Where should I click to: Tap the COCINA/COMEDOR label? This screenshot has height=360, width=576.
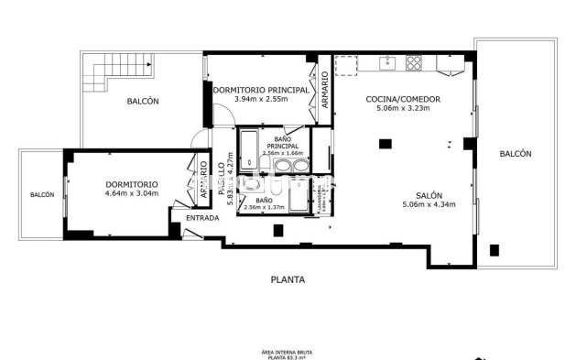[x=403, y=98]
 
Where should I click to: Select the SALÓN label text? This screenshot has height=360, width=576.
[x=429, y=195]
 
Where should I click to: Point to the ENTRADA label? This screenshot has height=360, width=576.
[x=202, y=218]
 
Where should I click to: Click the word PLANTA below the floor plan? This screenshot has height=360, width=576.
[x=288, y=279]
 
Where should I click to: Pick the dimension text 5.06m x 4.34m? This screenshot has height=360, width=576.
[x=429, y=204]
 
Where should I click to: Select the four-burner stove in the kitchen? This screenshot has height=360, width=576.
[x=414, y=62]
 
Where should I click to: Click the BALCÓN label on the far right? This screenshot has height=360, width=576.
[x=516, y=154]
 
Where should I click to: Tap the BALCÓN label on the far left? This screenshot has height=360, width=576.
[x=41, y=194]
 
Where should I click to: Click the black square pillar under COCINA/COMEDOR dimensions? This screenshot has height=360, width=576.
[x=386, y=143]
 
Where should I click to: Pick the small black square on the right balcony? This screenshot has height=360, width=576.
[x=494, y=249]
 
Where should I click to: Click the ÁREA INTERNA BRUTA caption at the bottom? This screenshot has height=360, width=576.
[x=288, y=352]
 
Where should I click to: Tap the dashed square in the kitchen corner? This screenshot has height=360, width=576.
[x=346, y=65]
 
